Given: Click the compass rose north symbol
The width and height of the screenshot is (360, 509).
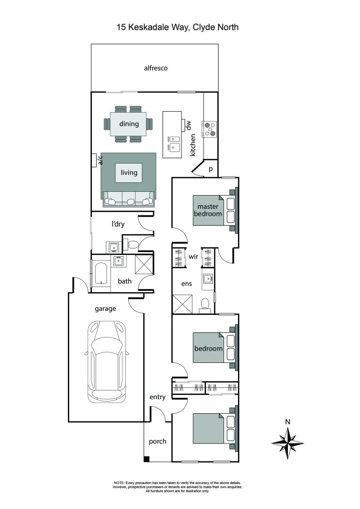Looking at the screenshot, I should [287, 442].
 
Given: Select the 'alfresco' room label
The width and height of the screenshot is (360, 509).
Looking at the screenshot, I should [155, 68].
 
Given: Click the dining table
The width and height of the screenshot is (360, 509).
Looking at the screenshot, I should [129, 124].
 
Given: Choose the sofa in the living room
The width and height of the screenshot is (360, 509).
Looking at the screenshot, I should [129, 199].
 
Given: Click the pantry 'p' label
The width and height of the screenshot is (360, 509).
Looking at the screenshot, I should [210, 169].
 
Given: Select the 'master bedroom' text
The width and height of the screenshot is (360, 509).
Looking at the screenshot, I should [209, 210].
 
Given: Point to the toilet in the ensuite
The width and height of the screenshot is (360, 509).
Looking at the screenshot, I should [205, 305].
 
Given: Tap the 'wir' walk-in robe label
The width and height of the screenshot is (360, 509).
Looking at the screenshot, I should [193, 257].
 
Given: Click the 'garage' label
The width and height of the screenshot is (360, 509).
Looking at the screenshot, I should [106, 309].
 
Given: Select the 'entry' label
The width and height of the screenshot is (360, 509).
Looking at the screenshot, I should [157, 397].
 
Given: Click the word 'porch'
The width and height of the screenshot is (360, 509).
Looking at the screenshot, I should [157, 441].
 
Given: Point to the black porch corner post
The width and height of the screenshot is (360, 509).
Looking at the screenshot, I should [147, 459].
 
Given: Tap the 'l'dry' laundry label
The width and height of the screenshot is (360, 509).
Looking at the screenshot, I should [118, 224].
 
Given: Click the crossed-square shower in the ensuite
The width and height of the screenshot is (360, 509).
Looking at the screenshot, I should [182, 304].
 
